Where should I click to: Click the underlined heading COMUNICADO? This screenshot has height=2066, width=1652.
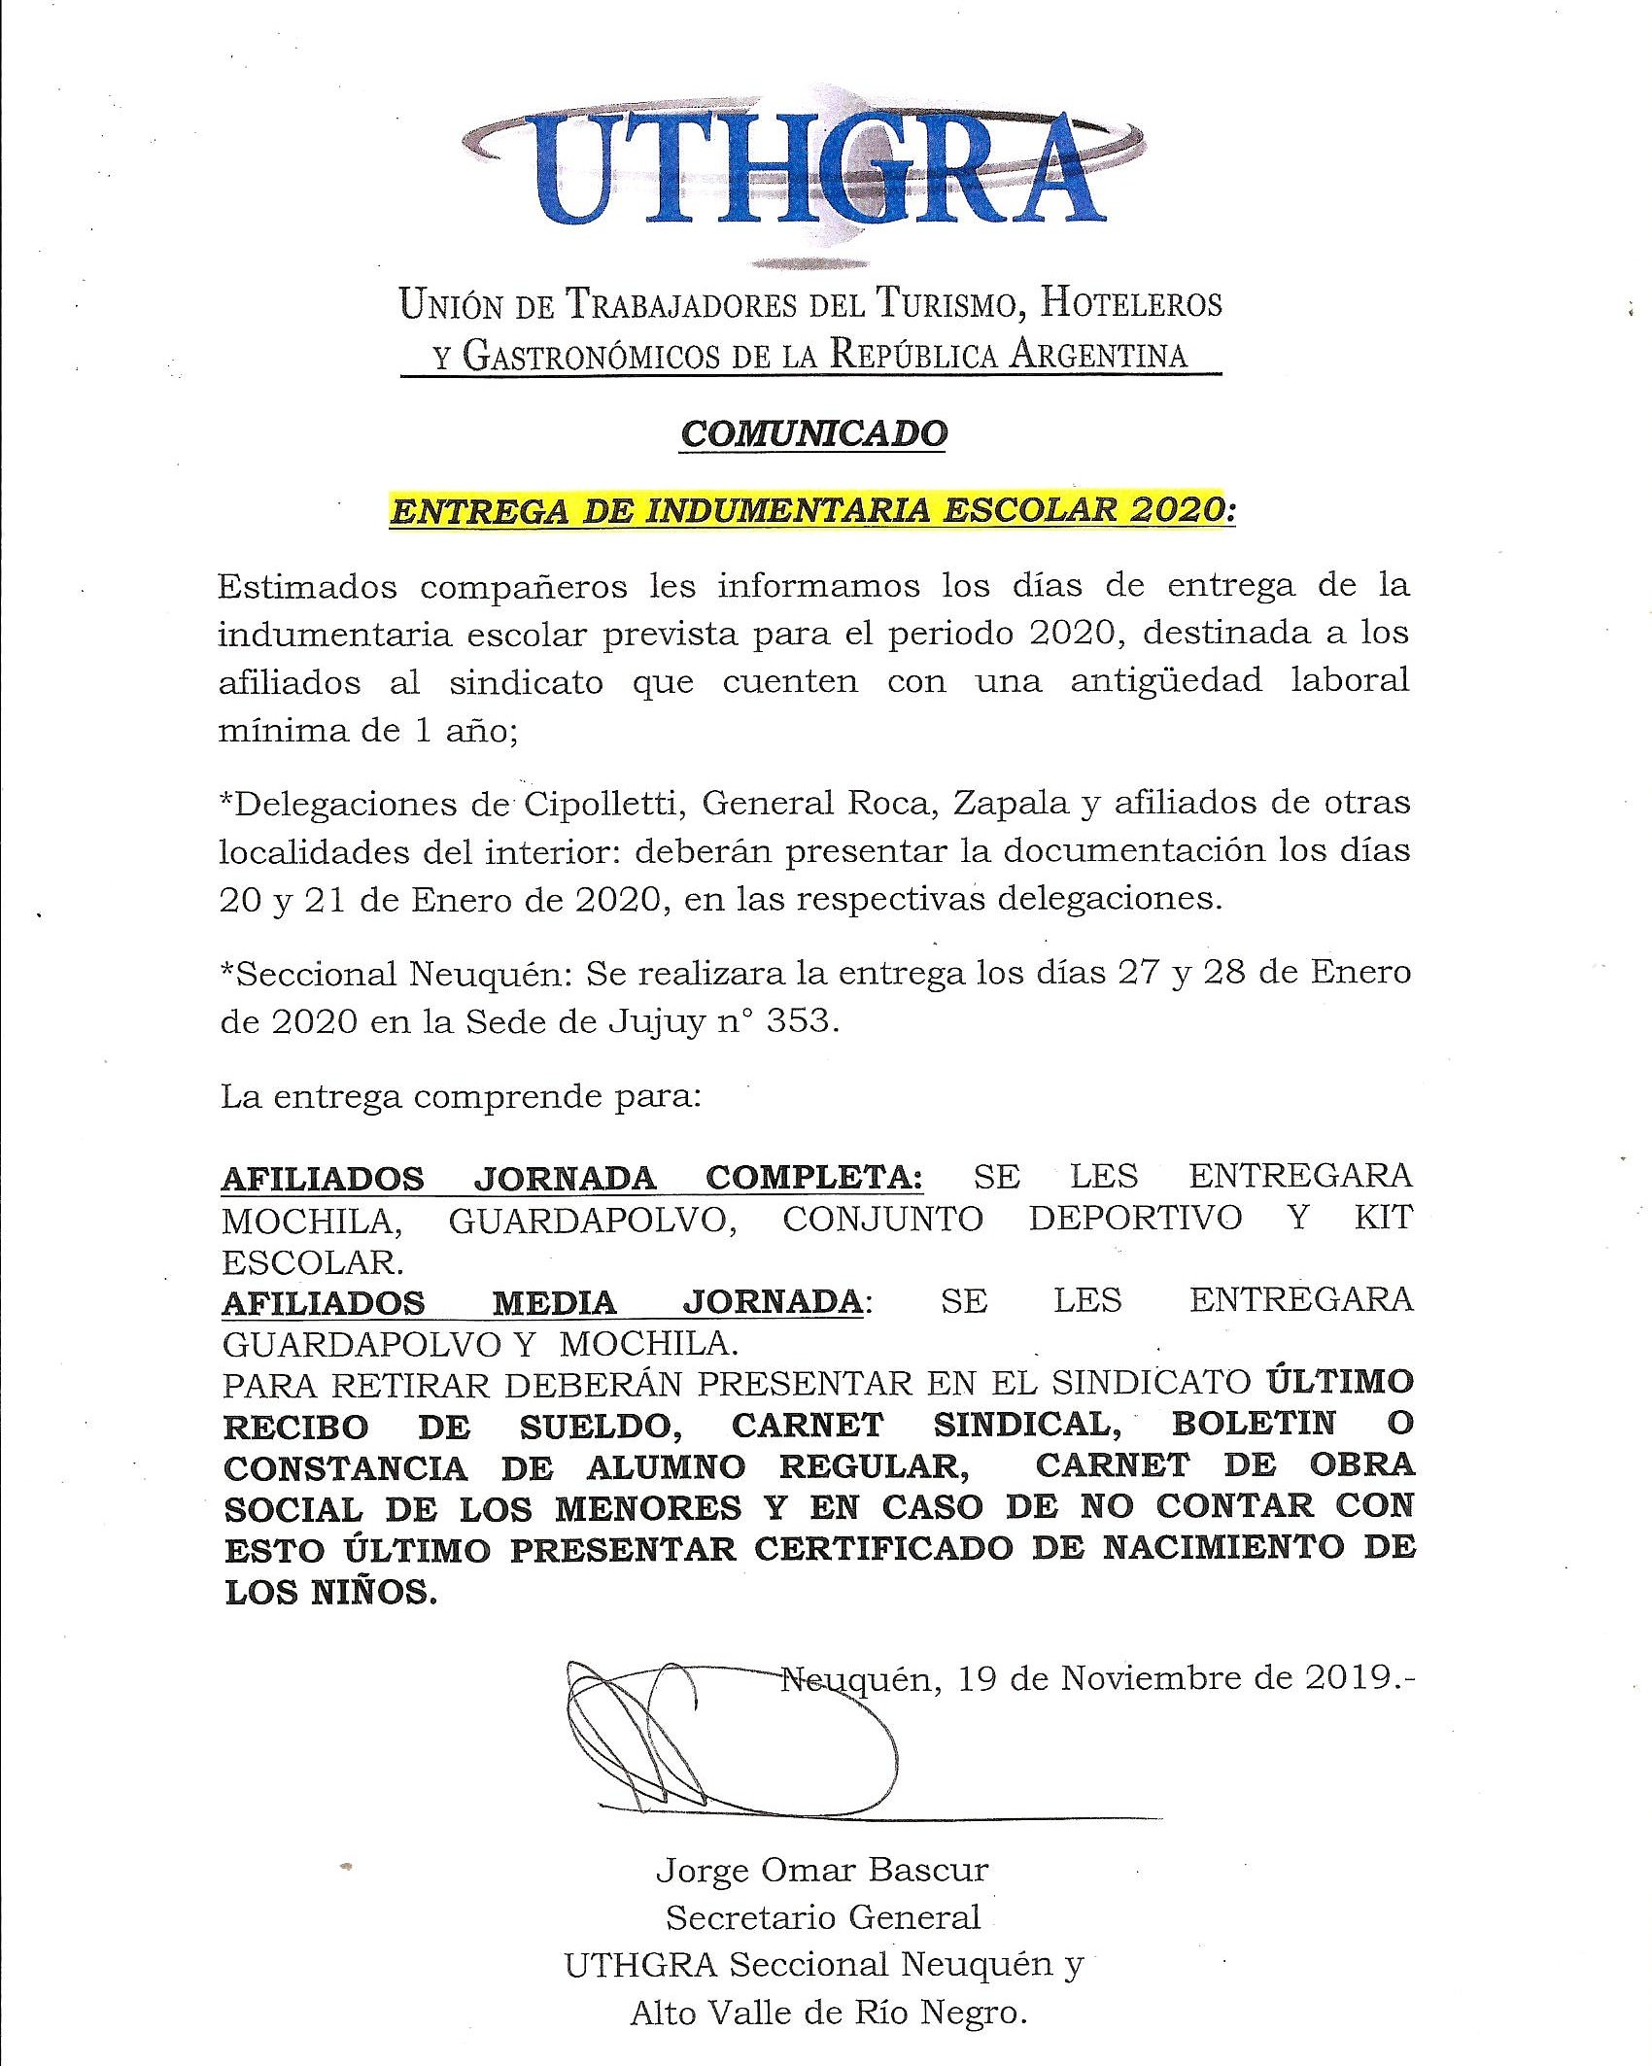coord(814,433)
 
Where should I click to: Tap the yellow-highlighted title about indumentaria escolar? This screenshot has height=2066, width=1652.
coord(811,510)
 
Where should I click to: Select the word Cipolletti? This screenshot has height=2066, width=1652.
coord(602,805)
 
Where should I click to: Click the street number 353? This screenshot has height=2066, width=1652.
coord(800,1021)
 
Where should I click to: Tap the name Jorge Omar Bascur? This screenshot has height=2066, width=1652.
coord(822,1870)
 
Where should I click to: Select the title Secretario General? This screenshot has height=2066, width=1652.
coord(822,1917)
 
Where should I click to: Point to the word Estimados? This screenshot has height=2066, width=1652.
coord(307,587)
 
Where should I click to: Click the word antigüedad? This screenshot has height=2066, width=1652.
coord(1166,680)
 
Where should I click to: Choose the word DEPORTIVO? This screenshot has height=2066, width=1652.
coord(1135,1219)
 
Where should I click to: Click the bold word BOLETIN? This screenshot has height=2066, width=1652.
coord(1254,1424)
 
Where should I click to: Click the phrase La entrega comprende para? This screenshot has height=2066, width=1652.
coord(461,1097)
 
